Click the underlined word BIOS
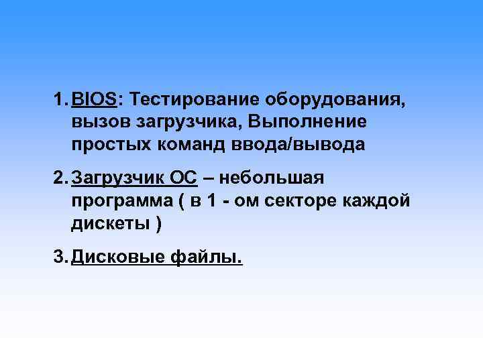pyautogui.click(x=94, y=100)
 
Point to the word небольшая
pyautogui.click(x=272, y=178)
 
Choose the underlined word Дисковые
pyautogui.click(x=117, y=257)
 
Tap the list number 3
pyautogui.click(x=59, y=257)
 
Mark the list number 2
pyautogui.click(x=59, y=178)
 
